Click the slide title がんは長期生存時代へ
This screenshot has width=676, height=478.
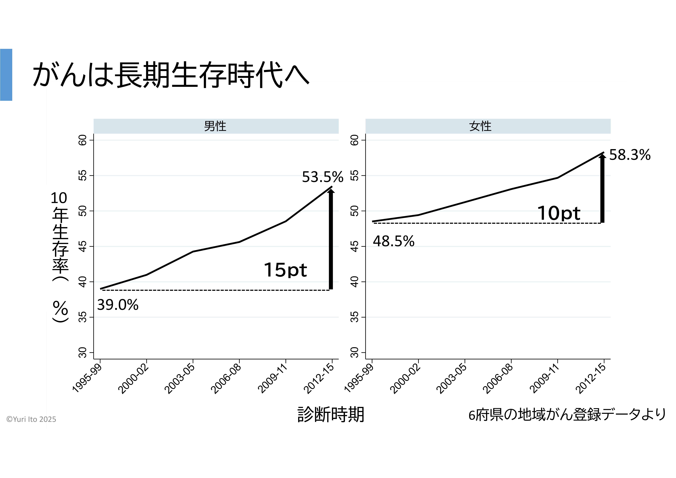pos(171,75)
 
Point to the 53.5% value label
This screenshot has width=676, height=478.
pos(322,177)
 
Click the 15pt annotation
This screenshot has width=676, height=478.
pos(285,270)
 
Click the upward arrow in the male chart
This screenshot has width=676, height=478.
pos(331,239)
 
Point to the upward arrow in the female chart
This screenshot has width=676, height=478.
pos(602,189)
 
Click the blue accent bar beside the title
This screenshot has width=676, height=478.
pos(6,75)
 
